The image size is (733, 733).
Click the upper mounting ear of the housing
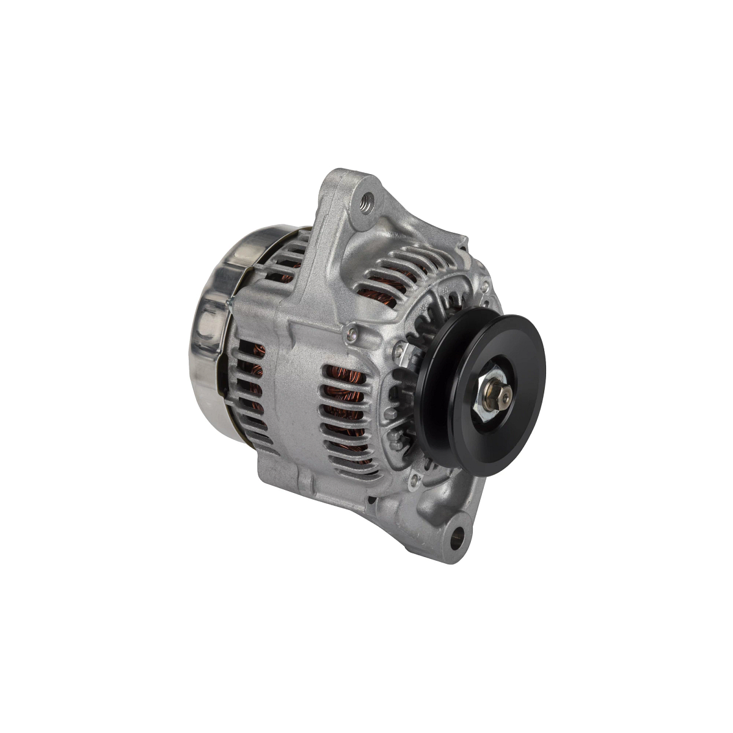pos(354,202)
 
